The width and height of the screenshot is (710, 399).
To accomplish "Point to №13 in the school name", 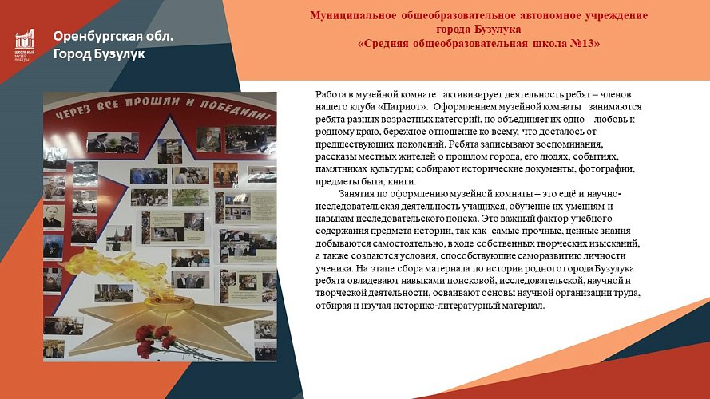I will point(586,43).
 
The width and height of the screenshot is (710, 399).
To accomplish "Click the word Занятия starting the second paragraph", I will point(359,194).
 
